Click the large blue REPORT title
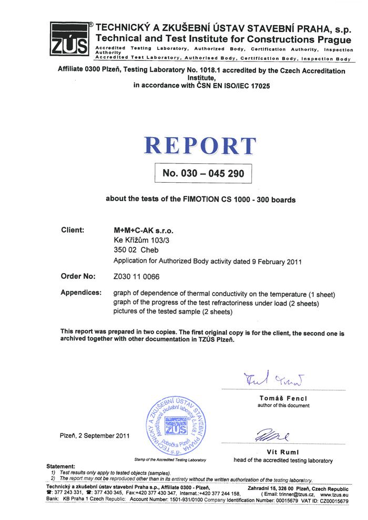(200, 146)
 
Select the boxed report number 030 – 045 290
(203, 173)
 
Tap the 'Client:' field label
(73, 230)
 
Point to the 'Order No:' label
(78, 276)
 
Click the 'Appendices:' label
(81, 293)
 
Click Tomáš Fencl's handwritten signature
(269, 378)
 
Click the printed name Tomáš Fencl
(283, 398)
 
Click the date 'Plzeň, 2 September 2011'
(95, 435)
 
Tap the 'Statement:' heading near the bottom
(61, 466)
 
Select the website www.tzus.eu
(334, 494)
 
